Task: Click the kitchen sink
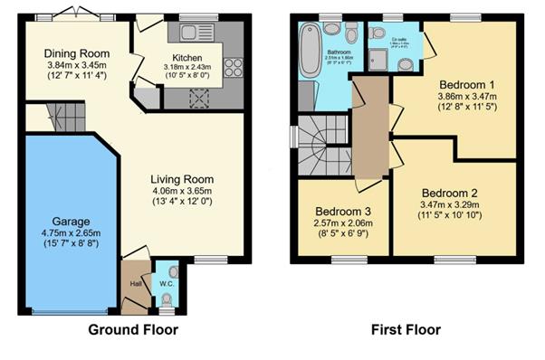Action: pyautogui.click(x=195, y=33)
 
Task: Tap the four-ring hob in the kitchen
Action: pyautogui.click(x=232, y=67)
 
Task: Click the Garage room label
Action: pyautogui.click(x=69, y=221)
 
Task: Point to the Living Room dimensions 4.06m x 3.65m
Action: pyautogui.click(x=181, y=191)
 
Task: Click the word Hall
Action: pyautogui.click(x=134, y=283)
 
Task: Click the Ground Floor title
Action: pyautogui.click(x=132, y=330)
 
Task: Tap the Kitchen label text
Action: pyautogui.click(x=187, y=57)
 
